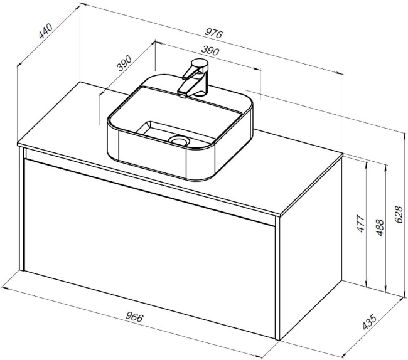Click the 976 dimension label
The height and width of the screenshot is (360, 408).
213,33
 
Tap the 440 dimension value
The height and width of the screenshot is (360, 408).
46,31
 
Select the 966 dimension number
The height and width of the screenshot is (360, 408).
134,317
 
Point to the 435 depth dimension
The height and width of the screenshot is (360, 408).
370,322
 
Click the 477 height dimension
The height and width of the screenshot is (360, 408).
360,223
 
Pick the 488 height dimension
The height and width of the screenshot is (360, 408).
380,228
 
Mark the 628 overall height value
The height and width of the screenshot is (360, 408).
399,214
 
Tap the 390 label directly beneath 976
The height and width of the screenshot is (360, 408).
210,51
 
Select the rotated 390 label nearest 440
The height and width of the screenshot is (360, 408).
124,63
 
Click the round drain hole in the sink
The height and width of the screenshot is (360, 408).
178,140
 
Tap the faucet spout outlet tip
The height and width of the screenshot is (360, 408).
183,96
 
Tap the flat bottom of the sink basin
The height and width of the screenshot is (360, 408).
166,132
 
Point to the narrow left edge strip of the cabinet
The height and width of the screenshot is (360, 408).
21,209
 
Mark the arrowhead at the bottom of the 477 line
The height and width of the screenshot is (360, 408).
367,285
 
